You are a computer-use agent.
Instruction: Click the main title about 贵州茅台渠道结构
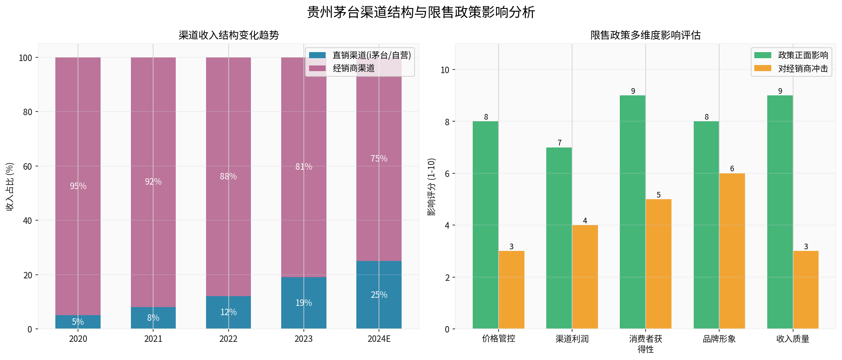421,12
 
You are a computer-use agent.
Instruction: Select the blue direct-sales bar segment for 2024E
379,295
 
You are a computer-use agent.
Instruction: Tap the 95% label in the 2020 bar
78,186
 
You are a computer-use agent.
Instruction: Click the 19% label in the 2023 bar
303,303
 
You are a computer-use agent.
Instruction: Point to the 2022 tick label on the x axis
228,339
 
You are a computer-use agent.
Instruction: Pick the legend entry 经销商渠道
354,68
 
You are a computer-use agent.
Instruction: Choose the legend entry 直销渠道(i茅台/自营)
371,55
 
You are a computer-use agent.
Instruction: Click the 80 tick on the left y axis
27,112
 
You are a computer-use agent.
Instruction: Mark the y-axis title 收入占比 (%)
10,186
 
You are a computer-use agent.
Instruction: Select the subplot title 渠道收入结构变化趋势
229,35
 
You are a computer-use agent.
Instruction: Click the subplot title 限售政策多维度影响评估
645,35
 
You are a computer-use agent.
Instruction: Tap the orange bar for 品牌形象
732,251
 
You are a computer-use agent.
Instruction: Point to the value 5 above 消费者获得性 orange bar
659,195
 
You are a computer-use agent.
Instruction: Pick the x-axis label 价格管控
499,339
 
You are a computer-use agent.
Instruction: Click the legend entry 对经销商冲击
803,69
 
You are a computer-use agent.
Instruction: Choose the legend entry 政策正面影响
803,55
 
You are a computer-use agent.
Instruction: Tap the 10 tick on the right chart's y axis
444,70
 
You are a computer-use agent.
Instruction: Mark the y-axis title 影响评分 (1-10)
432,186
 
